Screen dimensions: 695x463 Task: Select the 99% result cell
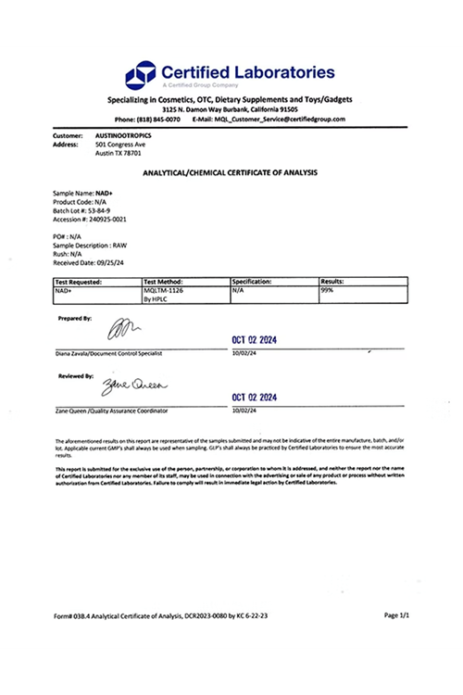tap(327, 289)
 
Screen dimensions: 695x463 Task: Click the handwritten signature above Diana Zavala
tap(122, 327)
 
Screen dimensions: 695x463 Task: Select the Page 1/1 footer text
tap(396, 614)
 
